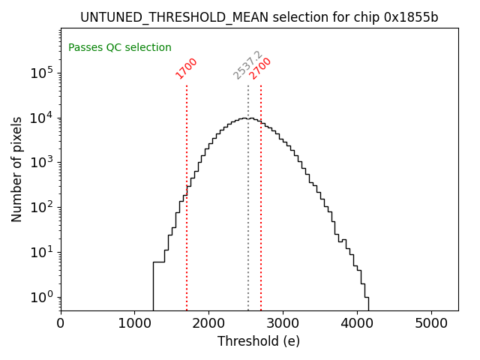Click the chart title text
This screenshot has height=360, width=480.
pyautogui.click(x=259, y=17)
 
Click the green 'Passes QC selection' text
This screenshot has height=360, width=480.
pyautogui.click(x=120, y=47)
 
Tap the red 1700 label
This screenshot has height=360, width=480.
pyautogui.click(x=186, y=68)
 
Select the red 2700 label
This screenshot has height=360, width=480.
pyautogui.click(x=260, y=68)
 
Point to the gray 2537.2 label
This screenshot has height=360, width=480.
pyautogui.click(x=247, y=65)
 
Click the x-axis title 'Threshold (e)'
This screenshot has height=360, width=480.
pyautogui.click(x=259, y=341)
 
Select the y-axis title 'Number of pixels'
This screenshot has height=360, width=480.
pyautogui.click(x=16, y=169)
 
